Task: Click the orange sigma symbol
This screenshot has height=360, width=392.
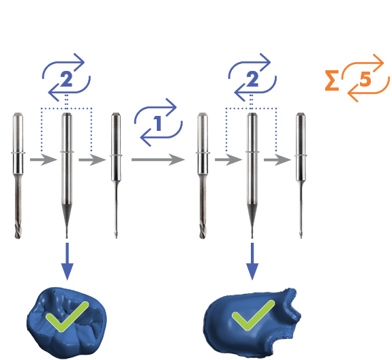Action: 332,80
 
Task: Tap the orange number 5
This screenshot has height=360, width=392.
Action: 365,80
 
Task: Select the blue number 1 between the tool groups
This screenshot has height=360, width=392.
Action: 157,123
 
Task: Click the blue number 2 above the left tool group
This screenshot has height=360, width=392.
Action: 67,79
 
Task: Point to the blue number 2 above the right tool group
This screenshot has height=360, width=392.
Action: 252,79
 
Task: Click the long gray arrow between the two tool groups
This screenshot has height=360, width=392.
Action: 158,160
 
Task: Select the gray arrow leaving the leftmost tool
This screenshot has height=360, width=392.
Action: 44,160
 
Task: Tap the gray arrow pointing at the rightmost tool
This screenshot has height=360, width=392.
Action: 277,160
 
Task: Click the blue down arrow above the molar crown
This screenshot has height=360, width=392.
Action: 67,262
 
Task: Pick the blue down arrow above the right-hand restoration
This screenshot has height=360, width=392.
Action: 252,262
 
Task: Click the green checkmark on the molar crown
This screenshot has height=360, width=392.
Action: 67,316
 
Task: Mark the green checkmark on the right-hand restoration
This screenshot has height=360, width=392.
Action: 253,315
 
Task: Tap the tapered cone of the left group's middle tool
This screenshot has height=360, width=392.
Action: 67,217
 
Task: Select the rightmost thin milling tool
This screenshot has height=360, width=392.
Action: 301,175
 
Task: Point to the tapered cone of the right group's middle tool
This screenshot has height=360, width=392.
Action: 252,217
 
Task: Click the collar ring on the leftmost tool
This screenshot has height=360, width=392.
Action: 18,153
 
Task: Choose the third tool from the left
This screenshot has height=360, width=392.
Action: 116,175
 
